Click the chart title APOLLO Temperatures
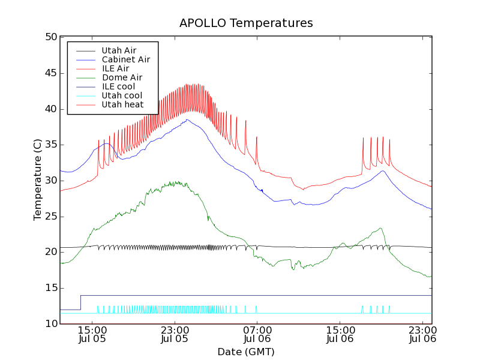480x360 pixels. (x=246, y=23)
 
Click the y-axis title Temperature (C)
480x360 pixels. (x=38, y=180)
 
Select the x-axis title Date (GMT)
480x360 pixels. (x=246, y=352)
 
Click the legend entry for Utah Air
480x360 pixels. (x=119, y=50)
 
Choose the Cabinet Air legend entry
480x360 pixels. (x=125, y=59)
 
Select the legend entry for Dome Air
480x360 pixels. (x=122, y=77)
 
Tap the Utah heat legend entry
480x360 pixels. (x=122, y=104)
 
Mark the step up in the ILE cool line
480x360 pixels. (x=80, y=302)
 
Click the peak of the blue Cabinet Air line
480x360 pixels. (x=187, y=119)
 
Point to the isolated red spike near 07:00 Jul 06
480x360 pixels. (x=256, y=137)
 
